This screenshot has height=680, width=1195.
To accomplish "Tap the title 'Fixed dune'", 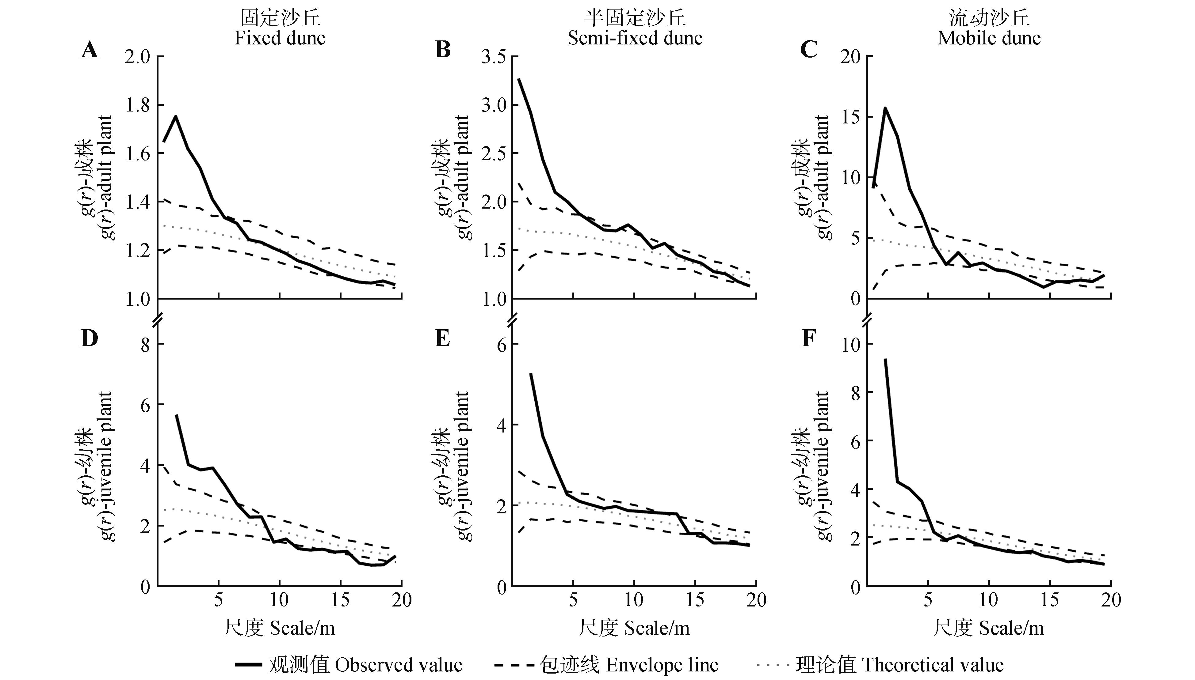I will (280, 38).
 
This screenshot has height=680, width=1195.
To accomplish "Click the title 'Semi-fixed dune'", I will (635, 38).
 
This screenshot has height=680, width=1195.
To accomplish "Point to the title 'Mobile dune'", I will (989, 38).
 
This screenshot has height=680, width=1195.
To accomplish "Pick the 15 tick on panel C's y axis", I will (850, 117).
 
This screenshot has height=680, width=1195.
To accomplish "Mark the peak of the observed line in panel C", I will (885, 108).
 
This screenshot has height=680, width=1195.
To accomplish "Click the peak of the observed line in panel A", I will (176, 116).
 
